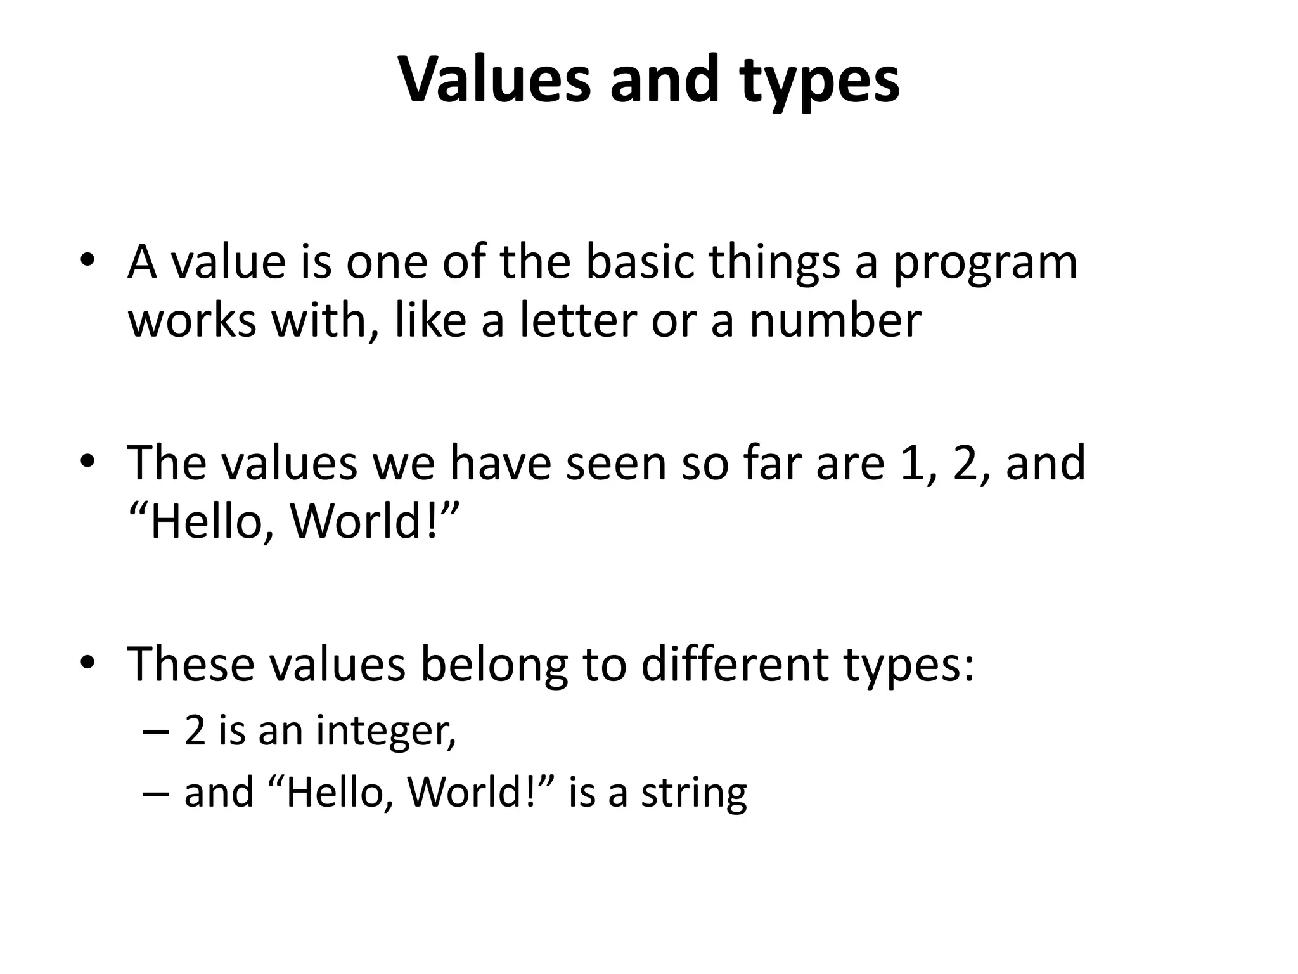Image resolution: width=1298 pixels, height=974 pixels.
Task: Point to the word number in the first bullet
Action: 835,320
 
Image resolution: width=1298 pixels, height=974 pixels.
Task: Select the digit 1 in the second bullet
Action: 915,462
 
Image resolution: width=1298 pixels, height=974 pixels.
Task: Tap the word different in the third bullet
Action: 735,663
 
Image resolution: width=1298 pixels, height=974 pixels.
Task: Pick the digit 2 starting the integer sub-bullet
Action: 195,730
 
